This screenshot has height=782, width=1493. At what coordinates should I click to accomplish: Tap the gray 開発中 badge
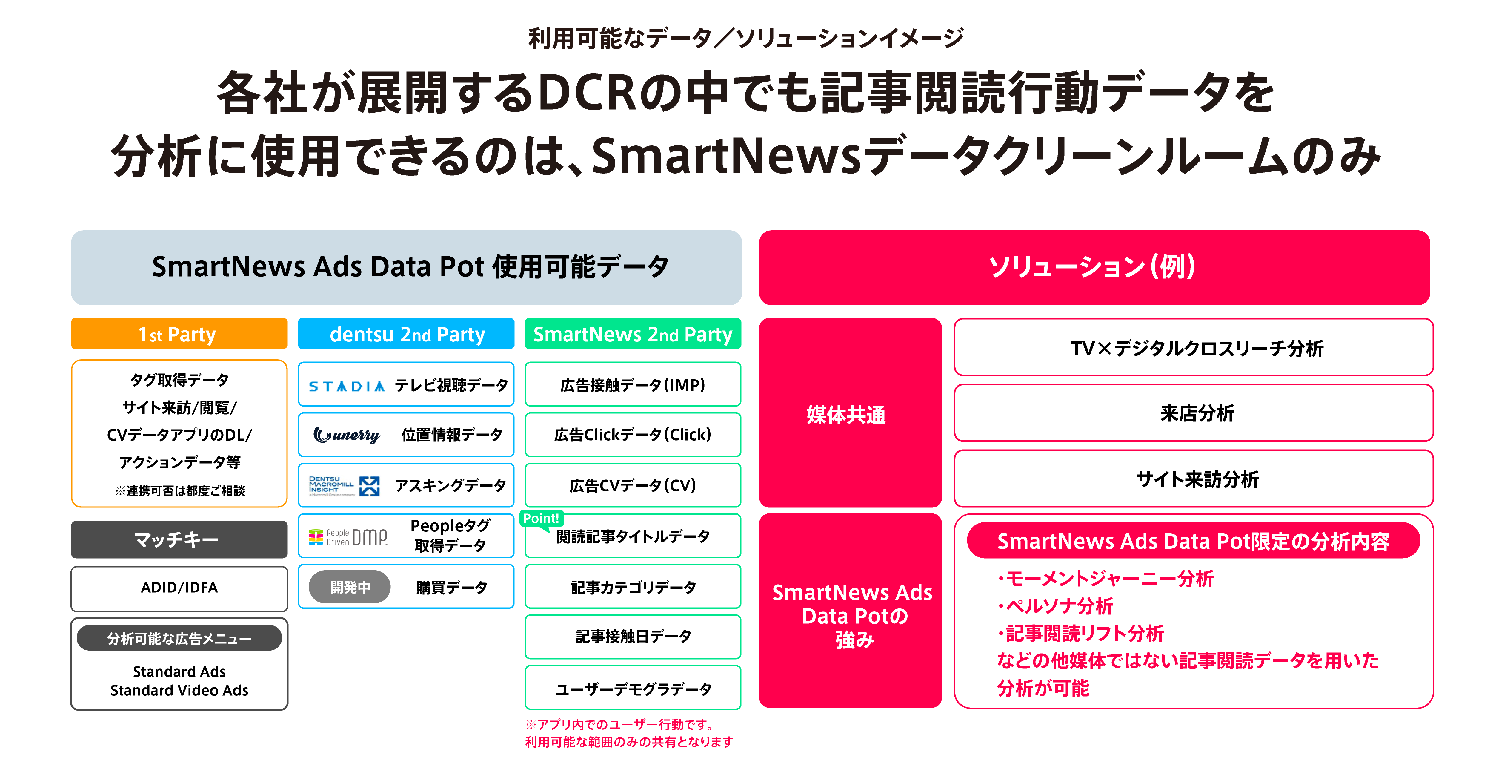click(x=350, y=587)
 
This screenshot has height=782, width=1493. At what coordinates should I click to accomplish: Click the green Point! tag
click(x=541, y=518)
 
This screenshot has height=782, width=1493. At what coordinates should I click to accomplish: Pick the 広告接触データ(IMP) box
click(x=633, y=384)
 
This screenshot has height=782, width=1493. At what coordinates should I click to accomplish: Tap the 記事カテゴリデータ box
click(x=633, y=587)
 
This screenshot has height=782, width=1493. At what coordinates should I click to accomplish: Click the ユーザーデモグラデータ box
click(x=633, y=688)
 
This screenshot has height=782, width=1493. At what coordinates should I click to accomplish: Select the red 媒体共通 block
click(x=850, y=413)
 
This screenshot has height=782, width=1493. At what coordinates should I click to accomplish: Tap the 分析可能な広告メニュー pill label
click(x=179, y=638)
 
